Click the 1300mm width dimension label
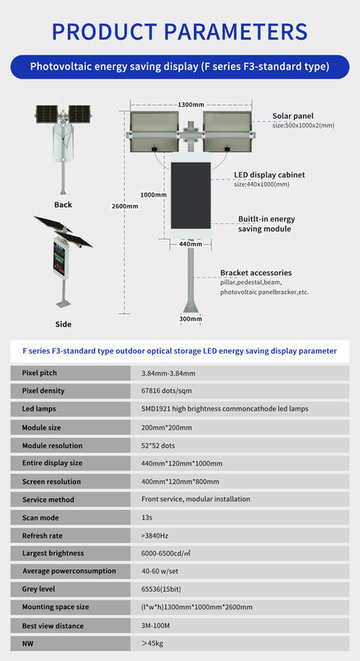(191, 105)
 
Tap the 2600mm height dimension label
(125, 206)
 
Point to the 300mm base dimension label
(190, 318)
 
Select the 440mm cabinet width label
(190, 244)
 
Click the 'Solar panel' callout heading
(293, 116)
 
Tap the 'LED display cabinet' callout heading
(269, 175)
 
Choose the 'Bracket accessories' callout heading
(256, 273)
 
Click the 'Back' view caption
(63, 205)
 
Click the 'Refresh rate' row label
(43, 535)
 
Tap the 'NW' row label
(28, 643)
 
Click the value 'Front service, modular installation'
(194, 499)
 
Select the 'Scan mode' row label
(40, 517)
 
